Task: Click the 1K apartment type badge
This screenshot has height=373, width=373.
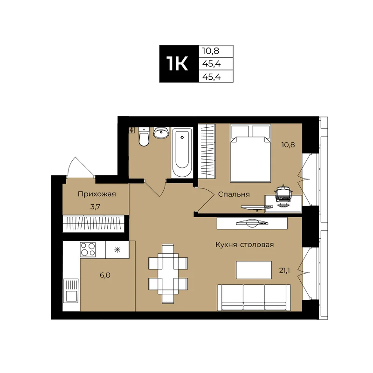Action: pyautogui.click(x=179, y=64)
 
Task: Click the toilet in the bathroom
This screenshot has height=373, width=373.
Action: pyautogui.click(x=144, y=137)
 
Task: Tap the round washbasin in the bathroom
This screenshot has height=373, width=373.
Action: pyautogui.click(x=161, y=132)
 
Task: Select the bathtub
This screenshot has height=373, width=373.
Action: pyautogui.click(x=182, y=152)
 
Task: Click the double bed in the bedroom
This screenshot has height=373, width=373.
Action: pyautogui.click(x=250, y=153)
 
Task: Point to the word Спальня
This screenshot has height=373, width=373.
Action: pyautogui.click(x=234, y=194)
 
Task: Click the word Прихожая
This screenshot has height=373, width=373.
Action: pyautogui.click(x=97, y=194)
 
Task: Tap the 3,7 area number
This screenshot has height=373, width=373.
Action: pyautogui.click(x=95, y=207)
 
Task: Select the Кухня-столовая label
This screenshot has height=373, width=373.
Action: pyautogui.click(x=244, y=244)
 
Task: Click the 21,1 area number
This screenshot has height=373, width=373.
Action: pyautogui.click(x=284, y=270)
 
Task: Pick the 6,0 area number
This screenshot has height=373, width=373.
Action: pyautogui.click(x=105, y=275)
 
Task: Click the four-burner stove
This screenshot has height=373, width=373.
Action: pyautogui.click(x=88, y=249)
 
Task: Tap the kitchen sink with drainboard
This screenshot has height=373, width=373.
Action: pyautogui.click(x=71, y=290)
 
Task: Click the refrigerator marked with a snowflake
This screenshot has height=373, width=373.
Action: pyautogui.click(x=117, y=249)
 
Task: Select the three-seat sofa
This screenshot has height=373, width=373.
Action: pyautogui.click(x=254, y=297)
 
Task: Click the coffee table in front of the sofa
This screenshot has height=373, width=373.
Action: pyautogui.click(x=254, y=270)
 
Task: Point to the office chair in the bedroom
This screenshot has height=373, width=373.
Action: pyautogui.click(x=283, y=195)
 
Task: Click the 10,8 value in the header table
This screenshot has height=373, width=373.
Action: pyautogui.click(x=211, y=51)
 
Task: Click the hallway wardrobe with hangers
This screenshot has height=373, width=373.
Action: pyautogui.click(x=94, y=224)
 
